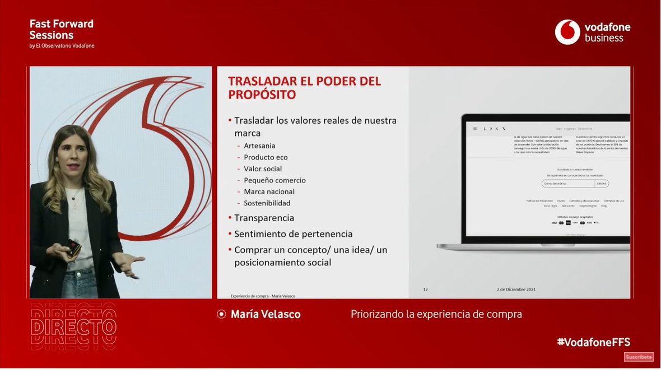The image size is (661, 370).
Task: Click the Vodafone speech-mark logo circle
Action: coord(567,32)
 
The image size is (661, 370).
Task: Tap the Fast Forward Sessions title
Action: coord(61,29)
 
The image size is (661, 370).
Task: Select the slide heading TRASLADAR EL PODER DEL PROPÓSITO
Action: coord(304,88)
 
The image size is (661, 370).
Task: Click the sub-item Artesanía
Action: coord(259,146)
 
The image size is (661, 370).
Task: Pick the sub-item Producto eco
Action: coord(266,157)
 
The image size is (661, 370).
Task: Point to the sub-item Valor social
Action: coord(263,168)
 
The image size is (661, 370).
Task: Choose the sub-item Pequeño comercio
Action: coord(274,180)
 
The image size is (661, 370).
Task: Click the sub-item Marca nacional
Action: coord(269,191)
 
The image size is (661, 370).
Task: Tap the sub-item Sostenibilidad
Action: coord(267,203)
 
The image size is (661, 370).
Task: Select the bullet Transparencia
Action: coord(264,218)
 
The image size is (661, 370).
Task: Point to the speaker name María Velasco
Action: coord(266,314)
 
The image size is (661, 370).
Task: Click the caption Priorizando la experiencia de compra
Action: coord(436,314)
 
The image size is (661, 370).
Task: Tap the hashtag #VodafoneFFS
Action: coord(593,342)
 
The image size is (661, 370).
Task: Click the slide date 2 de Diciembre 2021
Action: coord(516,289)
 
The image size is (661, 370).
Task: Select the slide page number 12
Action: coord(425,289)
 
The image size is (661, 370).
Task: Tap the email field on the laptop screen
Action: coord(568,184)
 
